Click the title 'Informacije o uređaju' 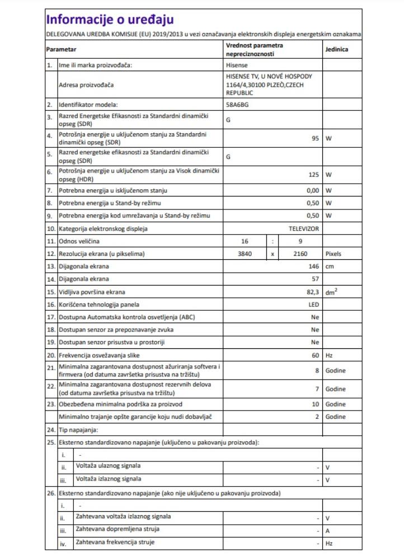(110, 20)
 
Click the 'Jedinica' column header (337, 49)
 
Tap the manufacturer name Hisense (237, 65)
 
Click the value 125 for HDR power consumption (313, 174)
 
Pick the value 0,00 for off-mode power (312, 190)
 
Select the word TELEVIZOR (303, 228)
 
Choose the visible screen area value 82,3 (312, 292)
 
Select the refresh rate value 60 (315, 356)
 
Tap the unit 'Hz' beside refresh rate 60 (329, 356)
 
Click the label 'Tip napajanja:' (78, 430)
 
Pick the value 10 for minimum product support (315, 404)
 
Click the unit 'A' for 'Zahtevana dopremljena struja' (327, 530)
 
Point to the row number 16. (51, 305)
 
